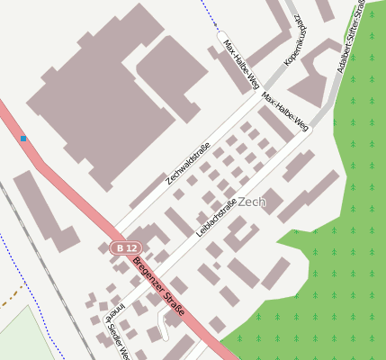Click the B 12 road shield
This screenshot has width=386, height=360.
click(x=126, y=247)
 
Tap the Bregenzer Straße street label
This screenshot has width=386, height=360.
click(x=158, y=286)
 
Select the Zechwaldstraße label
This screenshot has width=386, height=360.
click(x=188, y=163)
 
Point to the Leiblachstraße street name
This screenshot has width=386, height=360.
click(x=215, y=217)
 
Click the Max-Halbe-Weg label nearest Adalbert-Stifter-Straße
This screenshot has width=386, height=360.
click(x=285, y=111)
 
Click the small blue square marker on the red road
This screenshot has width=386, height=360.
click(x=23, y=139)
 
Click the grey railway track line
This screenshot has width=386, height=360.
click(x=45, y=261)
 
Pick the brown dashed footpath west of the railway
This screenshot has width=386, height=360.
click(x=11, y=297)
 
